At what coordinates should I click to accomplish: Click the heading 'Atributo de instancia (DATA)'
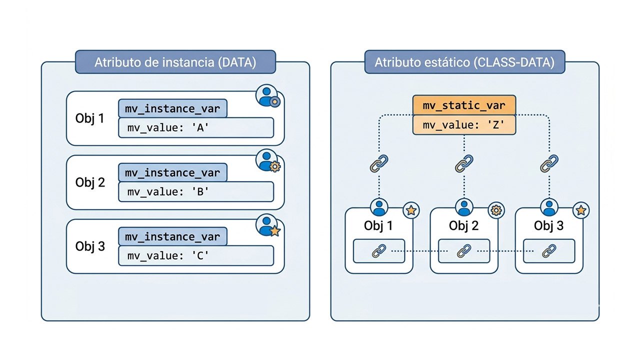[175, 62]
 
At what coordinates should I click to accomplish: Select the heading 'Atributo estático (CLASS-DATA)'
[464, 62]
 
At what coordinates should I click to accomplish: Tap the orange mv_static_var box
[464, 106]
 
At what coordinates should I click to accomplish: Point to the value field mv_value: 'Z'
[464, 125]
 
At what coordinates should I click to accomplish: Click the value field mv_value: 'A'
[195, 127]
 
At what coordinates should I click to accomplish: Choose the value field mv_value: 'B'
[195, 191]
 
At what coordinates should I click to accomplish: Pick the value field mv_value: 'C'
[195, 255]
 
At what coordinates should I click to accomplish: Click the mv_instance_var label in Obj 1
[172, 108]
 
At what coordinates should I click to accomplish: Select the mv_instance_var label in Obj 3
[172, 236]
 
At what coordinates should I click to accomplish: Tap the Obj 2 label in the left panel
[90, 182]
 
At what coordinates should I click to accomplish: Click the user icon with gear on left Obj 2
[268, 160]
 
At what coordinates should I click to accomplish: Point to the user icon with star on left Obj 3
[268, 224]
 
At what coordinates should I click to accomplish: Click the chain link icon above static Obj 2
[464, 163]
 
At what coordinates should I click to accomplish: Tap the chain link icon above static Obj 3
[549, 163]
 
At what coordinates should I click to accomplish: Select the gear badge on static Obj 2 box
[496, 210]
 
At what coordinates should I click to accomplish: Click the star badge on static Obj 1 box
[411, 210]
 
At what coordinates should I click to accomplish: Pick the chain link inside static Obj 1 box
[379, 251]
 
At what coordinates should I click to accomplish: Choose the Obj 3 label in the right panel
[548, 225]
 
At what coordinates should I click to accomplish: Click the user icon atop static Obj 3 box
[549, 206]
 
